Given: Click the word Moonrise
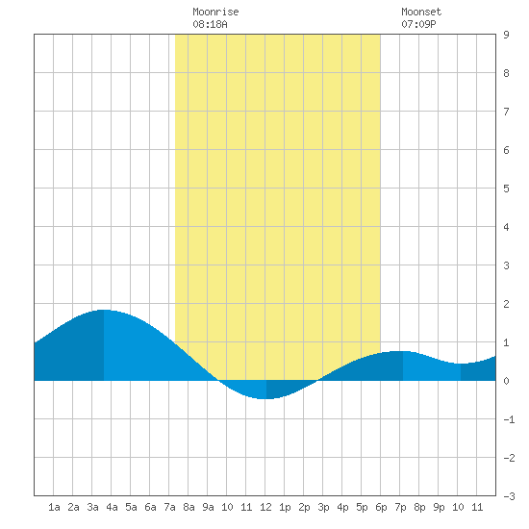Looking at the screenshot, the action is [x=215, y=12].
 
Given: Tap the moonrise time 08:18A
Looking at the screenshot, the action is [x=210, y=24].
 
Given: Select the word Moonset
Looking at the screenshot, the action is [x=421, y=12].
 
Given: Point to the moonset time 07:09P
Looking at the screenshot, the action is [x=418, y=24].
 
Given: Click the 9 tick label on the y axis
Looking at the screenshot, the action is [x=506, y=35].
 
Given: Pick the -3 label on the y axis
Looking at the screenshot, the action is [x=509, y=496].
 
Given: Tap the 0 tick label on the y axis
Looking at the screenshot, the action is [x=506, y=381].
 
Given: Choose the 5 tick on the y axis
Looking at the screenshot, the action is [x=506, y=189].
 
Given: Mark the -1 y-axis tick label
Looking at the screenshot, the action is [x=509, y=419].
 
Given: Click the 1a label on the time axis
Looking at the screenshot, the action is [x=54, y=507].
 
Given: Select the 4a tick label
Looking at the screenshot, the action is [x=112, y=507].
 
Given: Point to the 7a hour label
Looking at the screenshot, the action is [x=169, y=507].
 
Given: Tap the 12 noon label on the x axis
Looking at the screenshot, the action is [x=265, y=507].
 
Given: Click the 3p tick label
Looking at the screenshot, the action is [x=323, y=507].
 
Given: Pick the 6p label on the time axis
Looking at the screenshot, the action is [x=381, y=507].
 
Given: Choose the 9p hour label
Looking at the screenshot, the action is [x=439, y=507].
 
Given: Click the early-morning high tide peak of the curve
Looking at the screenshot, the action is [x=104, y=310].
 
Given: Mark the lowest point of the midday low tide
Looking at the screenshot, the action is [x=266, y=399].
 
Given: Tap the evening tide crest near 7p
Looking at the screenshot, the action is [x=402, y=351].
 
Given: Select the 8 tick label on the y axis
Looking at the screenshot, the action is [x=506, y=73].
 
